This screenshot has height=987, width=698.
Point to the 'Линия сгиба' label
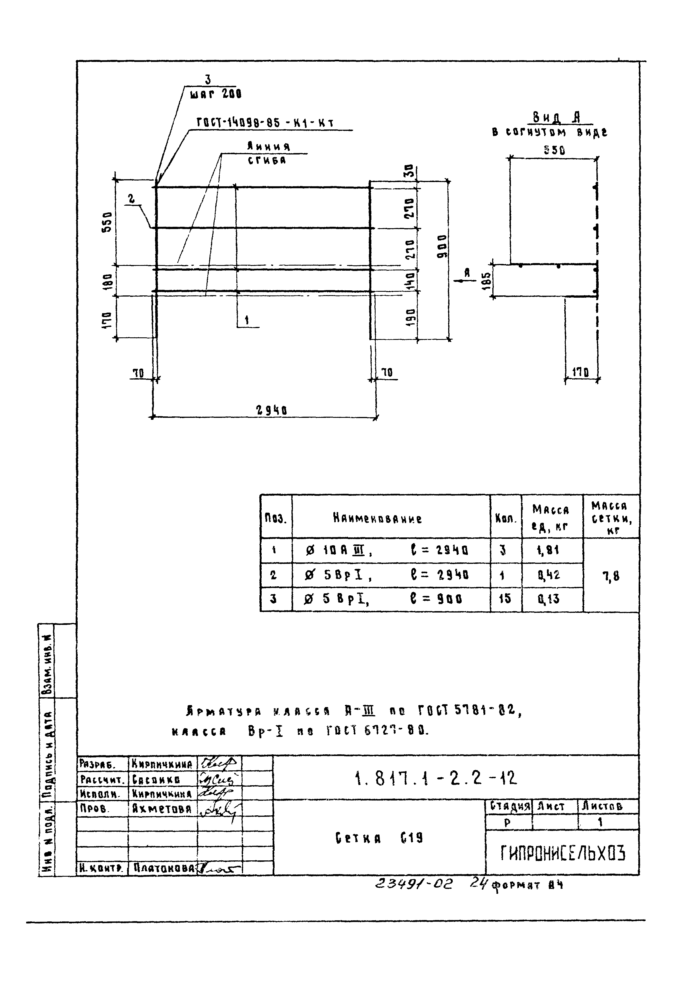(x=268, y=153)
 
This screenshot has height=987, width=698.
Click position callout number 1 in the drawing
(x=247, y=320)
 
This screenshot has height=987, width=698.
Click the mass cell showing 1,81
(x=547, y=550)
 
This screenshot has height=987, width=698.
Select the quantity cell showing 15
(x=505, y=599)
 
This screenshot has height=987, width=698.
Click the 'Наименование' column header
(x=377, y=519)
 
